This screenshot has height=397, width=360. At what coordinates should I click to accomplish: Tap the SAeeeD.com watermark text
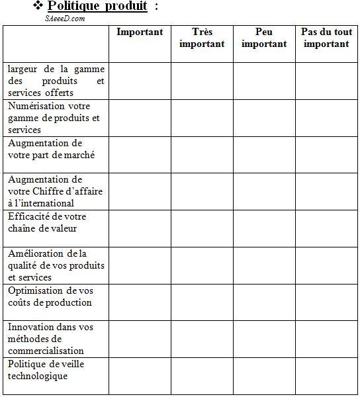[x=65, y=19]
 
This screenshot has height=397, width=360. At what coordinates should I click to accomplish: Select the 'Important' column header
[x=140, y=32]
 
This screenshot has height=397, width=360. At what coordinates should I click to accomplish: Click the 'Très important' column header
[x=202, y=38]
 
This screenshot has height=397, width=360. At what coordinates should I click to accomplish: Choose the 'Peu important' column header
[x=264, y=38]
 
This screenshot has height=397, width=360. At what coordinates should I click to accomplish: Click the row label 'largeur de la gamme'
[x=56, y=81]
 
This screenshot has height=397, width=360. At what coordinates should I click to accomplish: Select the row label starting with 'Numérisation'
[x=54, y=118]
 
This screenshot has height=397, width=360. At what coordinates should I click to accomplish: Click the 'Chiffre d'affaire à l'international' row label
[x=56, y=191]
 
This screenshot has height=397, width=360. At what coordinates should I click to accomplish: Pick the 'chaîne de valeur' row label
[x=47, y=222]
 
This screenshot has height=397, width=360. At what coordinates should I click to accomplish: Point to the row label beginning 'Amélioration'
[x=56, y=265]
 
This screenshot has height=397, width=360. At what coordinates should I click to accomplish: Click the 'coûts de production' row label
[x=51, y=296]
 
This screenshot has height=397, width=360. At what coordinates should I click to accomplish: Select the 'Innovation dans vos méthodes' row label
[x=51, y=338]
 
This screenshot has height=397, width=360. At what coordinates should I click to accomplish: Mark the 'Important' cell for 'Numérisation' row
[x=140, y=118]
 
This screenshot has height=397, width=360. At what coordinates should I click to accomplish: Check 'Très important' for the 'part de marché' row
[x=202, y=155]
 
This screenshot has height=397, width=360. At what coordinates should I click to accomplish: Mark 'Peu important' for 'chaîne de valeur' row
[x=264, y=228]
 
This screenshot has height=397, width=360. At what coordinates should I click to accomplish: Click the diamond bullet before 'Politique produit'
[x=38, y=7]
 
